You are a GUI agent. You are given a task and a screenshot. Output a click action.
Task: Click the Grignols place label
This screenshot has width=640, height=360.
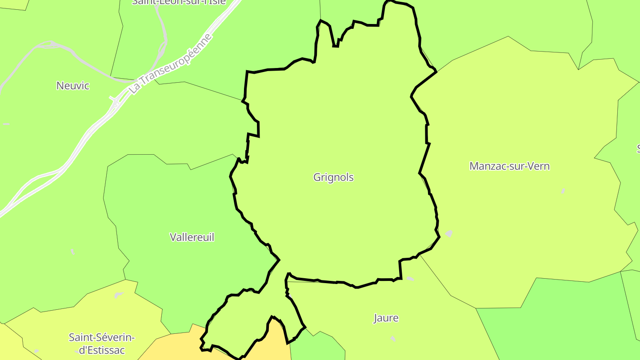pyautogui.click(x=333, y=177)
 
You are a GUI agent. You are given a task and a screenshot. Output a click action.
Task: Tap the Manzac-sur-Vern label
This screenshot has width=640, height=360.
pyautogui.click(x=509, y=166)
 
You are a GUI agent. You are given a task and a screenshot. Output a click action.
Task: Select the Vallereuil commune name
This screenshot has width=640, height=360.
pyautogui.click(x=192, y=237)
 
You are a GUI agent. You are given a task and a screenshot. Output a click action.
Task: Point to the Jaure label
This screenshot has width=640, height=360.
pyautogui.click(x=386, y=318)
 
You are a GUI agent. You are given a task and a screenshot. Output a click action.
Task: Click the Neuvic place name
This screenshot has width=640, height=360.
pyautogui.click(x=73, y=86)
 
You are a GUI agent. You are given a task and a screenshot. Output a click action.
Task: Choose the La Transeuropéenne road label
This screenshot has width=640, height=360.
pyautogui.click(x=171, y=63)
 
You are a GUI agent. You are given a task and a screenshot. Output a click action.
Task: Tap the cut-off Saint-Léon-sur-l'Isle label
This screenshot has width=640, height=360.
pyautogui.click(x=179, y=2)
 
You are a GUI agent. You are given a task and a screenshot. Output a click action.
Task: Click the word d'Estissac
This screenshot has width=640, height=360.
pyautogui.click(x=102, y=350)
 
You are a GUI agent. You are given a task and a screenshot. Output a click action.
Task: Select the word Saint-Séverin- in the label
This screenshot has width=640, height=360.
pyautogui.click(x=102, y=337)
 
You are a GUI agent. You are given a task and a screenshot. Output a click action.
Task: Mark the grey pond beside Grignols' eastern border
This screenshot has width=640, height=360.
pyautogui.click(x=449, y=233)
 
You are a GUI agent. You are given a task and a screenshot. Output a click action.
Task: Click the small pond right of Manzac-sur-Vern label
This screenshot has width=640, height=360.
pyautogui.click(x=563, y=191)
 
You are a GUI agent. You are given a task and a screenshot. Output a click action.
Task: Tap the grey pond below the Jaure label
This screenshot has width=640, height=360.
pyautogui.click(x=392, y=339)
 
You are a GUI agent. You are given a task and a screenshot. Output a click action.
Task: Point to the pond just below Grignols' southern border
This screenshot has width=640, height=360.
pyautogui.click(x=410, y=279)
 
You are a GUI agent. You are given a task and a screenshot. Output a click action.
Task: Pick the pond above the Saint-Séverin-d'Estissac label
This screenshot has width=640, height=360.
pyautogui.click(x=119, y=295)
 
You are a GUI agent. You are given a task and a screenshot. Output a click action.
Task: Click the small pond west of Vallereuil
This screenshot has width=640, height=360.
pyautogui.click(x=72, y=252)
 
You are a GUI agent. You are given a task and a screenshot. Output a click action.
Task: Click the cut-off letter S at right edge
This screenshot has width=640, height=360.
pyautogui.click(x=638, y=148)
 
